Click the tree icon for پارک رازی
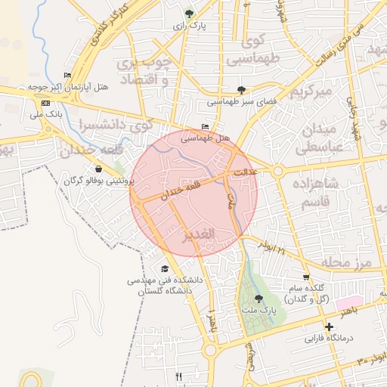(x=189, y=13)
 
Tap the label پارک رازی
(x=189, y=26)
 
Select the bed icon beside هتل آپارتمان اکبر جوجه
(x=67, y=75)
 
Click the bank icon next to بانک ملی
(x=46, y=103)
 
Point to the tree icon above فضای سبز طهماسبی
(x=241, y=89)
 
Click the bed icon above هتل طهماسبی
(x=205, y=127)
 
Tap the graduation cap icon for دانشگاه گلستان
(x=165, y=268)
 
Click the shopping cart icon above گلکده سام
(x=305, y=277)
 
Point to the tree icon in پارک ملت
(x=259, y=299)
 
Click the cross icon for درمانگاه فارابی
(x=329, y=327)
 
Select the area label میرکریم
(x=311, y=91)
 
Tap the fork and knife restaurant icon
(x=178, y=376)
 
